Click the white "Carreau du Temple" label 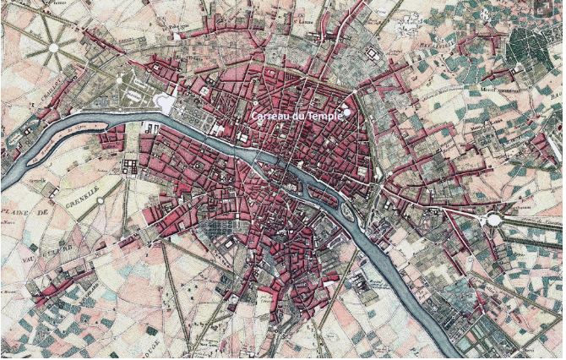click(x=297, y=116)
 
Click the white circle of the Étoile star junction click(x=54, y=48)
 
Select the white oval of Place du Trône click(x=494, y=220)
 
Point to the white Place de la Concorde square click(x=166, y=102)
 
